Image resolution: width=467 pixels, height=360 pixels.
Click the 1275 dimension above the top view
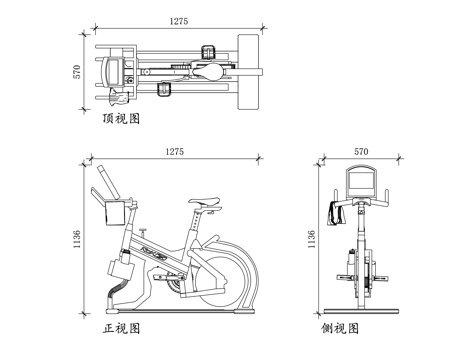click(179, 21)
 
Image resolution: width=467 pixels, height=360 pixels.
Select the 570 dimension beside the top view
click(77, 72)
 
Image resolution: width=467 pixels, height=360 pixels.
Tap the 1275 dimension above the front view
click(175, 152)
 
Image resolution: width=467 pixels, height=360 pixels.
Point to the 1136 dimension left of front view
click(77, 239)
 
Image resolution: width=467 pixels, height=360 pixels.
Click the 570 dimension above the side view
click(361, 152)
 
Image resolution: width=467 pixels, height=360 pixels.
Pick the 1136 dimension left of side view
click(311, 239)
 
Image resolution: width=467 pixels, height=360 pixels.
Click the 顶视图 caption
click(121, 119)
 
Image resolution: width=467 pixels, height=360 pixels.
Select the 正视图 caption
click(121, 329)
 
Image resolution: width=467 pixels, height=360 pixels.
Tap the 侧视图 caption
click(340, 329)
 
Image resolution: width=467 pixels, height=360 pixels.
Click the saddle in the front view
click(204, 201)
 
